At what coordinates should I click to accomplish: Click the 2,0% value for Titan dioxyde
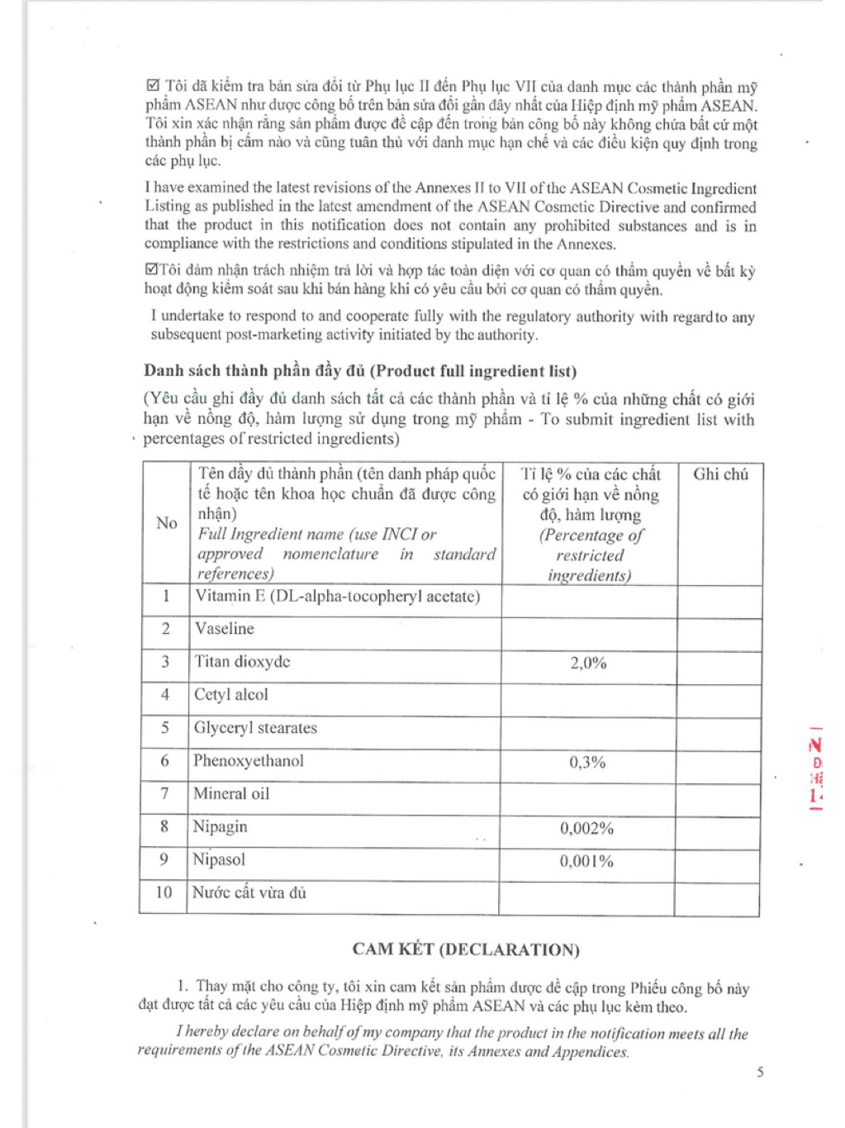click(588, 664)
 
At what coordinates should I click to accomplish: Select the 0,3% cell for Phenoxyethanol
click(587, 763)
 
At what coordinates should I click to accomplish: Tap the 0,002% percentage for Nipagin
click(586, 829)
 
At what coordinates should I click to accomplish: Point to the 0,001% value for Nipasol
click(586, 862)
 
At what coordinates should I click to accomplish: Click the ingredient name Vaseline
click(225, 629)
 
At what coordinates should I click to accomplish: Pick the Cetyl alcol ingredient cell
click(231, 695)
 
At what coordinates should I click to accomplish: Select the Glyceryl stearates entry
click(255, 728)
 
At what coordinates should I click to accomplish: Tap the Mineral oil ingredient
click(231, 794)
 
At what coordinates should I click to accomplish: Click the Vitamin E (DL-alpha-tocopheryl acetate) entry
click(337, 597)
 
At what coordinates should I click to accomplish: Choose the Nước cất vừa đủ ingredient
click(249, 893)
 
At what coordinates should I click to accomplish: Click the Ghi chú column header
click(720, 474)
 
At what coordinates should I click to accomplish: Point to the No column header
click(167, 523)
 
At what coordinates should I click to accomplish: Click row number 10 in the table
click(164, 893)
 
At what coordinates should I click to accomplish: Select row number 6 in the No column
click(164, 761)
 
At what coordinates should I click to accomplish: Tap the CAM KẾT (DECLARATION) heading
click(466, 950)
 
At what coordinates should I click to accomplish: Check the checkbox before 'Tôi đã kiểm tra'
click(152, 87)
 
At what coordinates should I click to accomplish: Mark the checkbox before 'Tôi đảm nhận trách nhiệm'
click(150, 270)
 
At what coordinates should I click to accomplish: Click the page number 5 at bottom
click(760, 1073)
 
